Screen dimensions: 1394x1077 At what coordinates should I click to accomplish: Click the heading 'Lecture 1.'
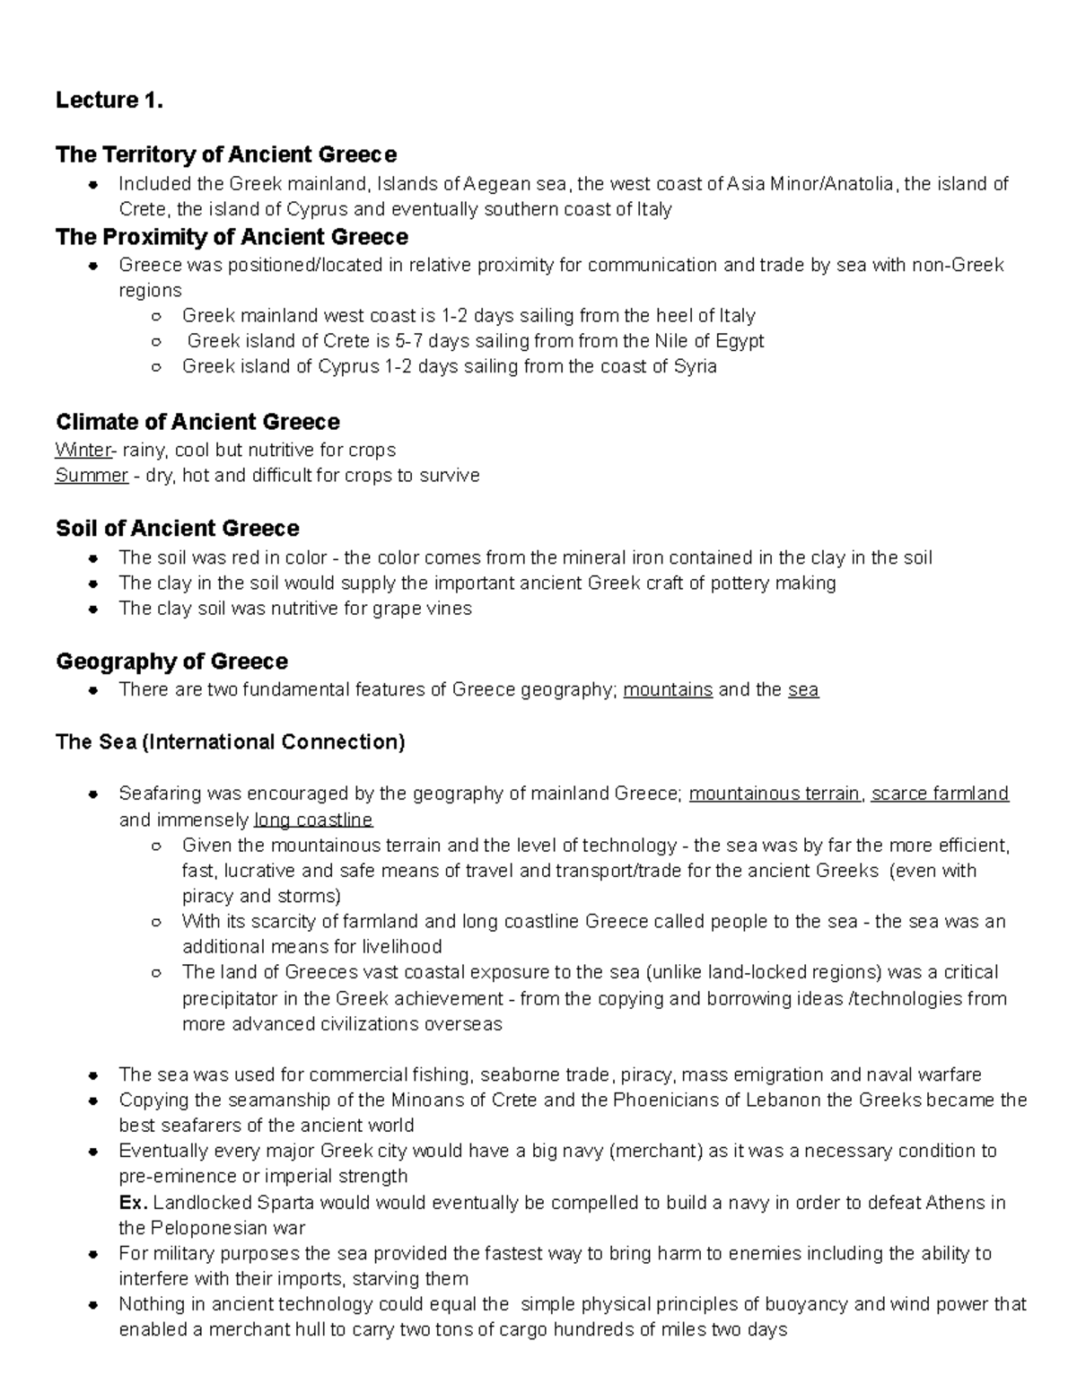[109, 101]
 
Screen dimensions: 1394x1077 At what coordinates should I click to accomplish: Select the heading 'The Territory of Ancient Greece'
[225, 154]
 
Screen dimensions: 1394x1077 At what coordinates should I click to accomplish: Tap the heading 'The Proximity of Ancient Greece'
[232, 237]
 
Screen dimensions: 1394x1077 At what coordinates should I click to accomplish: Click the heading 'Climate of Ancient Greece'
[197, 422]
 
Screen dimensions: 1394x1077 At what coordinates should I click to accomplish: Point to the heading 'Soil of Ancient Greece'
[177, 528]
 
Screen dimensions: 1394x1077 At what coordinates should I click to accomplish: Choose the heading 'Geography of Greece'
[171, 662]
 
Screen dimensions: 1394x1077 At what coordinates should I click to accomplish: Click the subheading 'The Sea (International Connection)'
[230, 742]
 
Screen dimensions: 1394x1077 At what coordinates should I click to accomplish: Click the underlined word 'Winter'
[81, 450]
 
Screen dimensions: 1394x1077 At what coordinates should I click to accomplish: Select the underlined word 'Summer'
[91, 475]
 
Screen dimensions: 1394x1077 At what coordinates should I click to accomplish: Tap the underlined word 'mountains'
[668, 690]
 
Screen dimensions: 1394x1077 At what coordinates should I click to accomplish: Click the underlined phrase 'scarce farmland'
[940, 793]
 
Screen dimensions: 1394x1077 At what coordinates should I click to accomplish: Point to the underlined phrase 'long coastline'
[313, 820]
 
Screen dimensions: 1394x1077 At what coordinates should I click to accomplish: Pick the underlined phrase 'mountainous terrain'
[775, 793]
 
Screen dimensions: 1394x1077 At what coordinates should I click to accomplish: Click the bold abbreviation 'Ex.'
[132, 1203]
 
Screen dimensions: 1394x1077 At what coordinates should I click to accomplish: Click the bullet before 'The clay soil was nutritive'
[92, 609]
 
